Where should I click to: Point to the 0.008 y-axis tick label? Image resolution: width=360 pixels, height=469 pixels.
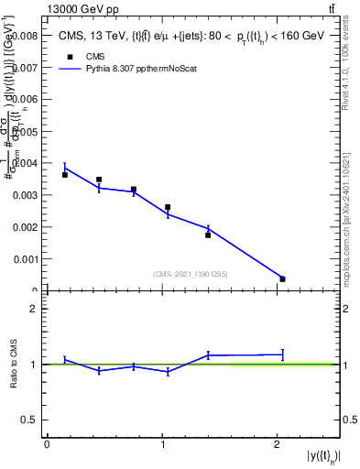pos(25,36)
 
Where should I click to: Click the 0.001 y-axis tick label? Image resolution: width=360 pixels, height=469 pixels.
pos(25,259)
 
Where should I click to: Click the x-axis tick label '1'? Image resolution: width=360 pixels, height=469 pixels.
pos(162,444)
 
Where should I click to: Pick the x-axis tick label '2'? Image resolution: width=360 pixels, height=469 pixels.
pos(278,444)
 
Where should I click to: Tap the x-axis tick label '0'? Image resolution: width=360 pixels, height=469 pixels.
pos(47,444)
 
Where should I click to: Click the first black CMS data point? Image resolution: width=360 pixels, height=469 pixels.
pos(65,174)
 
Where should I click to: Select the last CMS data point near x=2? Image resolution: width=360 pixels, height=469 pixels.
pos(282,278)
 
